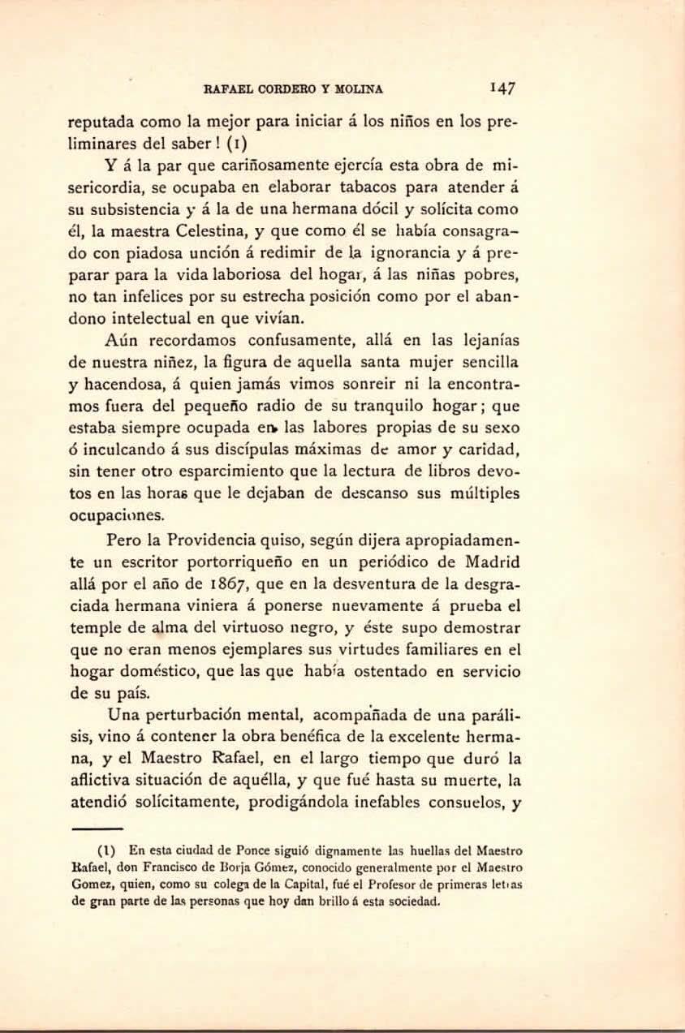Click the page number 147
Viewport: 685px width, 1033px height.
click(x=504, y=87)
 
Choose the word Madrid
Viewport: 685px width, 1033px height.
click(x=492, y=562)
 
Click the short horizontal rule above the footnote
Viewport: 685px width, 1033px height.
click(x=97, y=829)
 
